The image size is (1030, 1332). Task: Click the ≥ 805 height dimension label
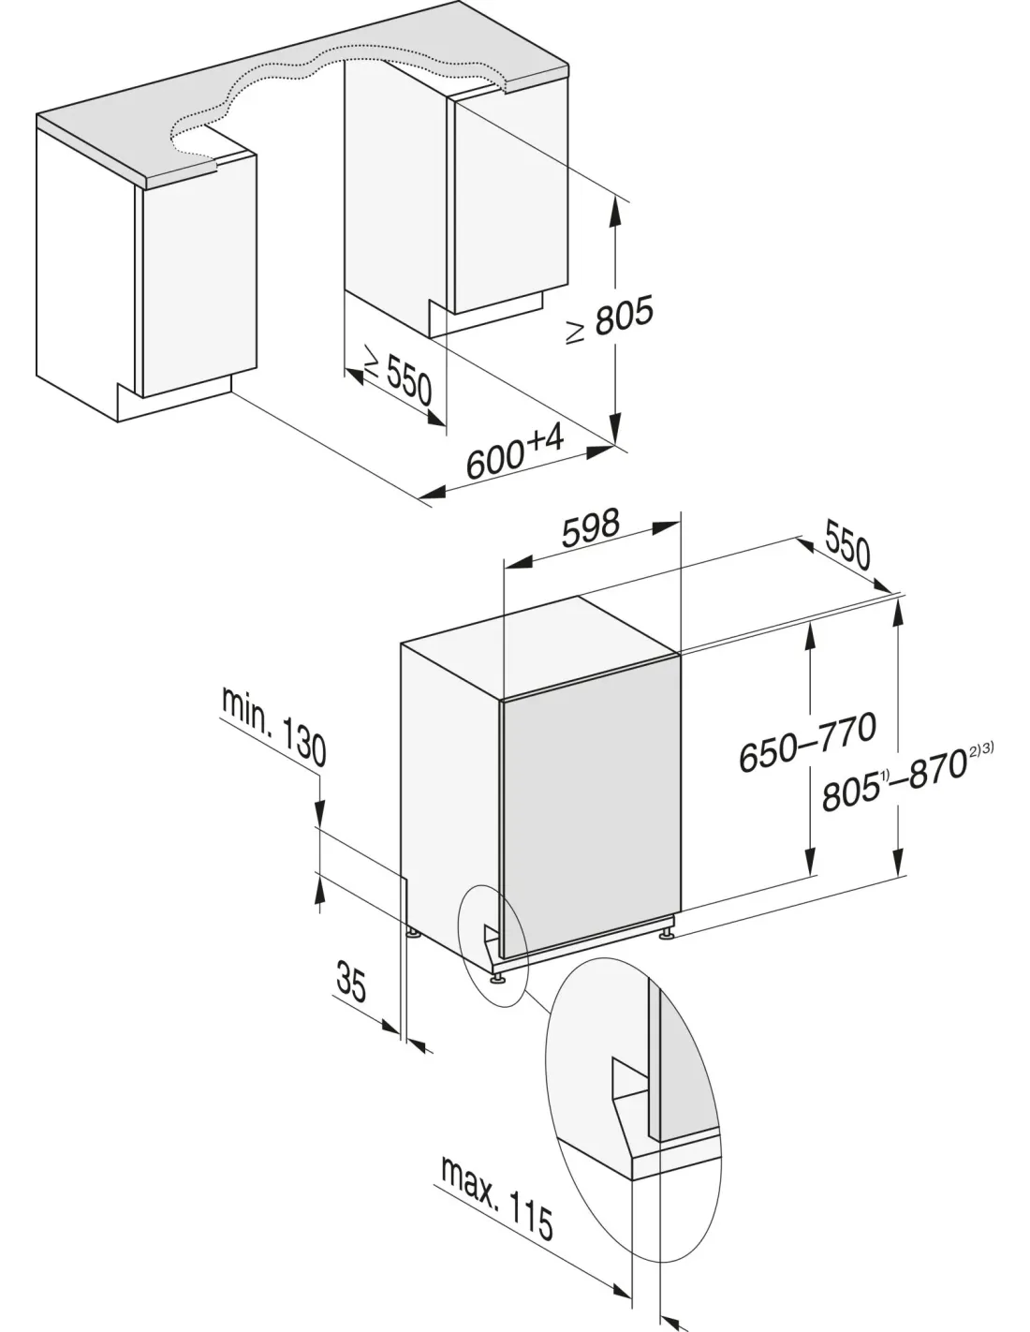[609, 320]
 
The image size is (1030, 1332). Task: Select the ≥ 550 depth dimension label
[398, 380]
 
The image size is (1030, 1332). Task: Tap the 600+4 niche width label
[515, 454]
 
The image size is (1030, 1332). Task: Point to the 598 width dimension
[591, 528]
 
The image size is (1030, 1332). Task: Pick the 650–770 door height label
[807, 742]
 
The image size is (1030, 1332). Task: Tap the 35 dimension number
[351, 982]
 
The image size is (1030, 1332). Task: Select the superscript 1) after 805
[884, 778]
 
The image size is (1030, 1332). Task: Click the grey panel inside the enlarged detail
[686, 1067]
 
